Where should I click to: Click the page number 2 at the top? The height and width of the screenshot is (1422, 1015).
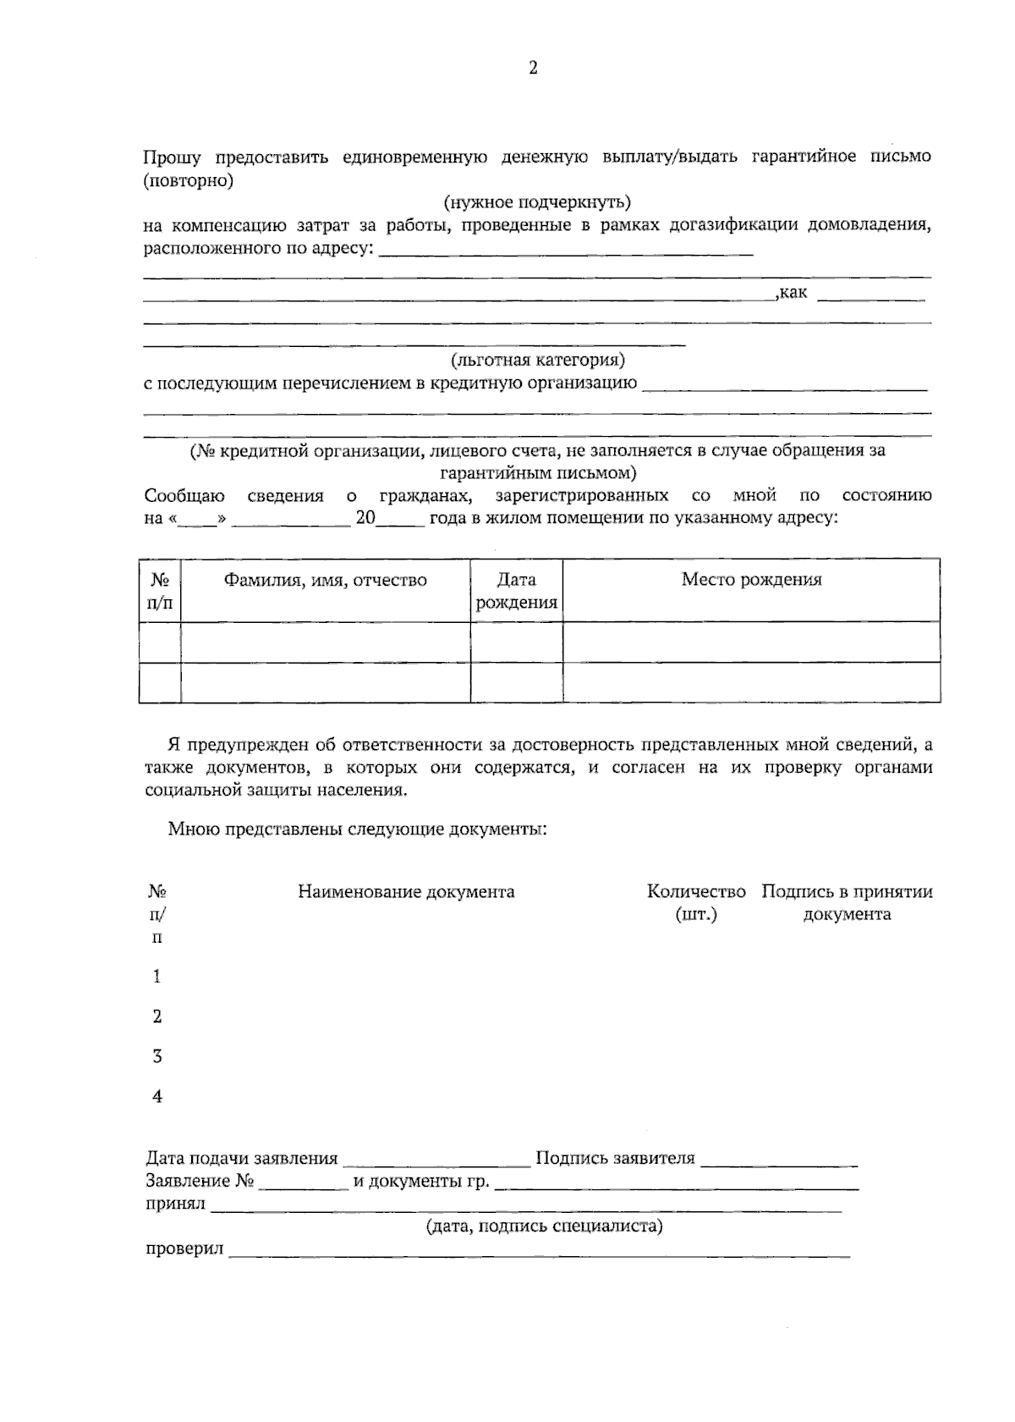pos(533,69)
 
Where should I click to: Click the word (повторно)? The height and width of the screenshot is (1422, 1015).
pos(188,180)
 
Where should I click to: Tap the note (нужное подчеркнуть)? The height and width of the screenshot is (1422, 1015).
pos(537,203)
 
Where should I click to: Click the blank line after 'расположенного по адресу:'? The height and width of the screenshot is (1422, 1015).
pos(565,251)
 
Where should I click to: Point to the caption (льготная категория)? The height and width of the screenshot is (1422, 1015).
pos(538,361)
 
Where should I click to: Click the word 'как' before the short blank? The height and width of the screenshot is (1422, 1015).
pos(793,293)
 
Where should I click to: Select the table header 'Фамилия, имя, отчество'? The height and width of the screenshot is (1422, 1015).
pos(325,581)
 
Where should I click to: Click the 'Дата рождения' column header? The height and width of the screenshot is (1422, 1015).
pos(516,591)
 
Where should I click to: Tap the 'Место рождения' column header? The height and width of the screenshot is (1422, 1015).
pos(751,580)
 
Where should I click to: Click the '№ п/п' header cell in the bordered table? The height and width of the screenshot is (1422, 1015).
pos(160,591)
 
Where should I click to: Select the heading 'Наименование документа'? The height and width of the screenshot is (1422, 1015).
pos(406,892)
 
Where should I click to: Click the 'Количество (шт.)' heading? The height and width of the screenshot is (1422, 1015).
pos(696,902)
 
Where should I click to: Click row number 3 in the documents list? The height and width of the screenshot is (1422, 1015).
pos(157,1057)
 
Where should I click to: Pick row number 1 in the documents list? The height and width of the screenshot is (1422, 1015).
pos(157,978)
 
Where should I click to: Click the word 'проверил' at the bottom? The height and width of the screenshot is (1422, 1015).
pos(184,1249)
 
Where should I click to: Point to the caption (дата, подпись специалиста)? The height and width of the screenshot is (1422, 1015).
pos(544,1226)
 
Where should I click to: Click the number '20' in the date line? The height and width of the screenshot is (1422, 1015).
pos(365,518)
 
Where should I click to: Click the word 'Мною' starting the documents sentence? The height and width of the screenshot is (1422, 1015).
pos(192,829)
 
